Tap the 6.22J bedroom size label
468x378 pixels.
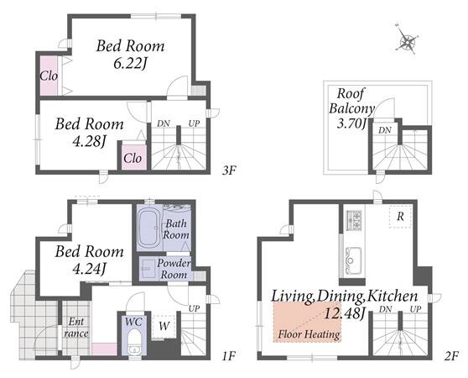[x=131, y=63]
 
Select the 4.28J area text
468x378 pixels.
[x=89, y=141]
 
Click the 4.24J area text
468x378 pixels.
[x=89, y=270]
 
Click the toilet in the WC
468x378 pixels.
[x=134, y=341]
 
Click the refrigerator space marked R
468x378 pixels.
[x=400, y=217]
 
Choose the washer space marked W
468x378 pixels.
[x=164, y=326]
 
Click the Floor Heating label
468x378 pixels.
[x=309, y=334]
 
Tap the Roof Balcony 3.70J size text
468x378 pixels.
[x=351, y=123]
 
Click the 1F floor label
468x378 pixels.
[x=229, y=356]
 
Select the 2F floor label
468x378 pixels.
[x=450, y=356]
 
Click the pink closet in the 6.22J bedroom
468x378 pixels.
[x=49, y=76]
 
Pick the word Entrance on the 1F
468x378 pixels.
[x=76, y=328]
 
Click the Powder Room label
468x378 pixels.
[x=174, y=269]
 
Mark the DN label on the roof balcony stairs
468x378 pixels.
[x=385, y=130]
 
